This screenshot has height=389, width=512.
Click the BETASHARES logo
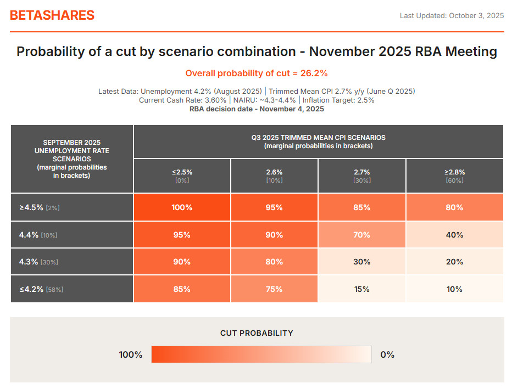[x=52, y=15]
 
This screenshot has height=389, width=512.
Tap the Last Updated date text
[x=452, y=15]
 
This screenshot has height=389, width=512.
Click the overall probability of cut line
[x=257, y=74]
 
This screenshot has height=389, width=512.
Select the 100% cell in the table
[x=182, y=208]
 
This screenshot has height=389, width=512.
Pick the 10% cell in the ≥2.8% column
[x=454, y=289]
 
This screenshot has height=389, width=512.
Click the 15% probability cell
[x=361, y=289]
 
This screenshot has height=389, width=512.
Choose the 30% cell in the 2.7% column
[x=361, y=262]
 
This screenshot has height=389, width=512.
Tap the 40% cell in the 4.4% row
[x=454, y=235]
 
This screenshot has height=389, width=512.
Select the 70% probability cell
[x=361, y=235]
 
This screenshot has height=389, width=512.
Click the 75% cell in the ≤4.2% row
[x=274, y=289]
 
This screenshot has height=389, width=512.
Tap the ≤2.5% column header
[x=182, y=175]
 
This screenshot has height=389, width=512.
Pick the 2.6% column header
[x=274, y=175]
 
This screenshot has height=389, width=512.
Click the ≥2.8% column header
[x=454, y=175]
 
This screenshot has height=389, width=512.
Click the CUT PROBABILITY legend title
[x=257, y=333]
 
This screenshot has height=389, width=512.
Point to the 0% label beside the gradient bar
[x=387, y=354]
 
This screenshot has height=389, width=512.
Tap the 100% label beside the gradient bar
[x=131, y=354]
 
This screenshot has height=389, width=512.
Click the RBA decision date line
[x=257, y=109]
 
